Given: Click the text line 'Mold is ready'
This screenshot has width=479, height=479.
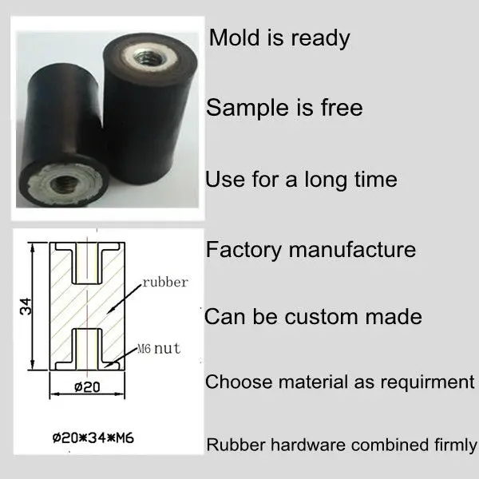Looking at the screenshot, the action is point(279,38).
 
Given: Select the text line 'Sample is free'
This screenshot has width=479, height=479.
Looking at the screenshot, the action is point(284,107).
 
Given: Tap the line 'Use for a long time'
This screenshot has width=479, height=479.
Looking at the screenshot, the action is point(301,178).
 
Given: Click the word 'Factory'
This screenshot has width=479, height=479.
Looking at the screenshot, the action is point(244,249).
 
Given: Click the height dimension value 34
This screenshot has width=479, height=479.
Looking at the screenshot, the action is point(28,308).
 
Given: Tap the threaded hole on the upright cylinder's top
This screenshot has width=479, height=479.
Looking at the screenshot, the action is point(148,53).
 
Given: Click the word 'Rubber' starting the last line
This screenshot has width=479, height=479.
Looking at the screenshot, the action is point(232,445).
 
